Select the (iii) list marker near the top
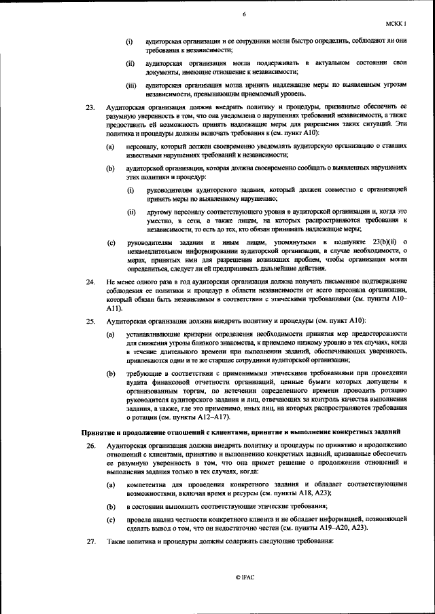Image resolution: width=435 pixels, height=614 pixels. [x=131, y=85]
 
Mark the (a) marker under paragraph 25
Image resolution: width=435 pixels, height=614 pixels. [x=110, y=334]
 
